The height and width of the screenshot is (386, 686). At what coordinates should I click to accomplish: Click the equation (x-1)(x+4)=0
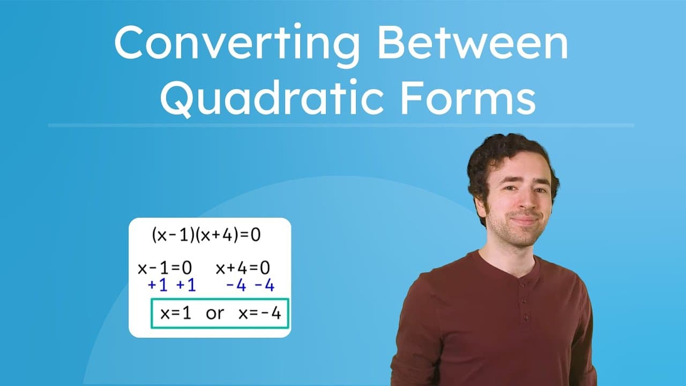click(206, 235)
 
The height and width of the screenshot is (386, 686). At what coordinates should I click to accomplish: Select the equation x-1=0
click(165, 268)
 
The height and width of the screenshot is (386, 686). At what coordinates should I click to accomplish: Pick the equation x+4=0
click(243, 268)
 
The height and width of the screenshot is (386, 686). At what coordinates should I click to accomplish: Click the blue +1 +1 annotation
click(171, 285)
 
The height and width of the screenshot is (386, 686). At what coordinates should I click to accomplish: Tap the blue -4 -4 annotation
click(250, 285)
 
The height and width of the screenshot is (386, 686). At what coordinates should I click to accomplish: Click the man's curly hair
click(504, 153)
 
